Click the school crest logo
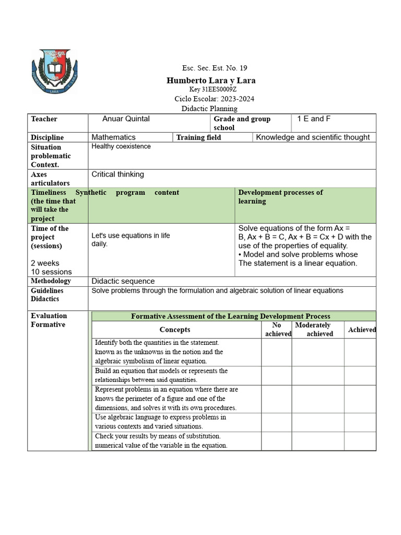click(55, 72)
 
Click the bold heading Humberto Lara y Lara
click(211, 80)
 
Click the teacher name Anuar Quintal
click(126, 119)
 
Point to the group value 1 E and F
click(314, 119)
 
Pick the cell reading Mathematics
click(113, 137)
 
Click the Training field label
click(198, 137)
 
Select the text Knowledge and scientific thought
click(313, 137)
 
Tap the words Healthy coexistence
click(121, 146)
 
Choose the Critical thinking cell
click(117, 174)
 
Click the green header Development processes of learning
click(280, 196)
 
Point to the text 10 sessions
click(51, 272)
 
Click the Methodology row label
click(51, 281)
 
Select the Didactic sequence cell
click(123, 281)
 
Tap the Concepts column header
click(175, 330)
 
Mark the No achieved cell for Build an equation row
click(276, 376)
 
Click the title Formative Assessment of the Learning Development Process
click(230, 316)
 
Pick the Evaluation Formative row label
click(49, 320)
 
